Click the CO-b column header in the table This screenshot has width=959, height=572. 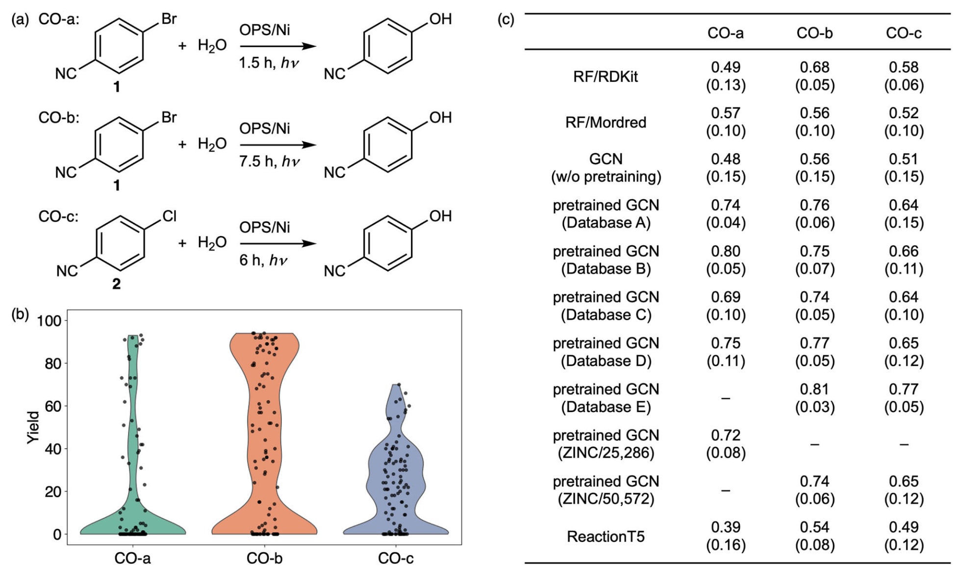814,33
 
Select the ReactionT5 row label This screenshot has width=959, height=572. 606,536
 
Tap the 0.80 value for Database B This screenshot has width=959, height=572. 726,251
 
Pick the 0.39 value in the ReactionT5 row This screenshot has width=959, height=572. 726,527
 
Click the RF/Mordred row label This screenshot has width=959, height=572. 606,122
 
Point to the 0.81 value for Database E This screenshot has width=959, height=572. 814,389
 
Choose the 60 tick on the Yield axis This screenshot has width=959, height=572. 52,406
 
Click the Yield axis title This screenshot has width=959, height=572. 32,428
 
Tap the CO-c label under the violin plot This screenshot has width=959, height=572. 396,558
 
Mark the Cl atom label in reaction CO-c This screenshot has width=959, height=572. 169,216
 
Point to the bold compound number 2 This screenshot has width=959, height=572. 116,284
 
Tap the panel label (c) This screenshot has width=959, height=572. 505,20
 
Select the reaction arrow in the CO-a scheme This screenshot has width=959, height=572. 278,46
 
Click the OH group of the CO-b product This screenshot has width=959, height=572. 440,118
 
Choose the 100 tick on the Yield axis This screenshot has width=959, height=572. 49,321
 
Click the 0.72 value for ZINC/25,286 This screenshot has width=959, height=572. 726,435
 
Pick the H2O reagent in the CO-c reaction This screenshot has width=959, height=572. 212,242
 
